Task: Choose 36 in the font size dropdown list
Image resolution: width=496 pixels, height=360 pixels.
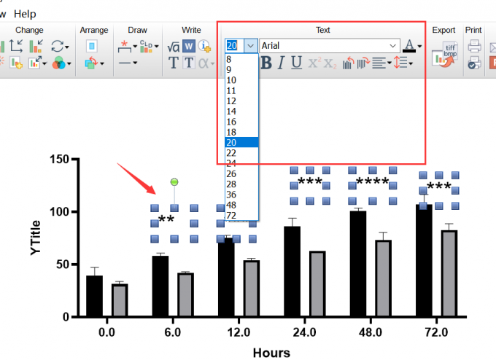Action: tap(231, 195)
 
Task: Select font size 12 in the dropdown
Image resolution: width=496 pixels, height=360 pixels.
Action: tap(231, 101)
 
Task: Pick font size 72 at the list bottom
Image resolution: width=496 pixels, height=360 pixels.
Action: tap(231, 216)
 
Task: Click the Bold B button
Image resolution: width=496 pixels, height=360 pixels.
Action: tap(266, 63)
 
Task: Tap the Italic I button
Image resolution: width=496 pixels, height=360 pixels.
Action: tap(281, 63)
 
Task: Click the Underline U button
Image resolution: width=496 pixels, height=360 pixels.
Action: tap(296, 63)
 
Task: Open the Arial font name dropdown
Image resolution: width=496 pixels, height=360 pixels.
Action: tap(393, 46)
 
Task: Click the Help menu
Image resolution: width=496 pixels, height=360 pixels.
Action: tap(25, 14)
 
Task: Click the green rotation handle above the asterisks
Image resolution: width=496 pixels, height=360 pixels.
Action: tap(174, 181)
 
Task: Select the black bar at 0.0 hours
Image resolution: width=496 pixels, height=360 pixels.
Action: tap(94, 296)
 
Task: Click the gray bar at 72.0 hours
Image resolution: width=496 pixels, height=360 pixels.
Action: tap(449, 273)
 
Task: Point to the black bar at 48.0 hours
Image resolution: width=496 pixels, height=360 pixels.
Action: tap(358, 264)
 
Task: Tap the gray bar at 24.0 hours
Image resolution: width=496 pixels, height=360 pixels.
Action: tap(317, 283)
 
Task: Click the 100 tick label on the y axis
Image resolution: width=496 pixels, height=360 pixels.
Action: tap(59, 211)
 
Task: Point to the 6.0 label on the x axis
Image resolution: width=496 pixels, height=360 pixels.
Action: tap(173, 332)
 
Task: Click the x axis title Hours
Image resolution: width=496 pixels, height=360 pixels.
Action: tap(271, 353)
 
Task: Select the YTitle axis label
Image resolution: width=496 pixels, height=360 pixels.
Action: tap(36, 238)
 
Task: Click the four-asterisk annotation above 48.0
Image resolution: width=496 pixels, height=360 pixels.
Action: tap(372, 182)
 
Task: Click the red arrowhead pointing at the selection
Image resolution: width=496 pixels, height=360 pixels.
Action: tap(151, 189)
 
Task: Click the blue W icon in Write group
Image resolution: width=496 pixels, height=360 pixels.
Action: tap(189, 46)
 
